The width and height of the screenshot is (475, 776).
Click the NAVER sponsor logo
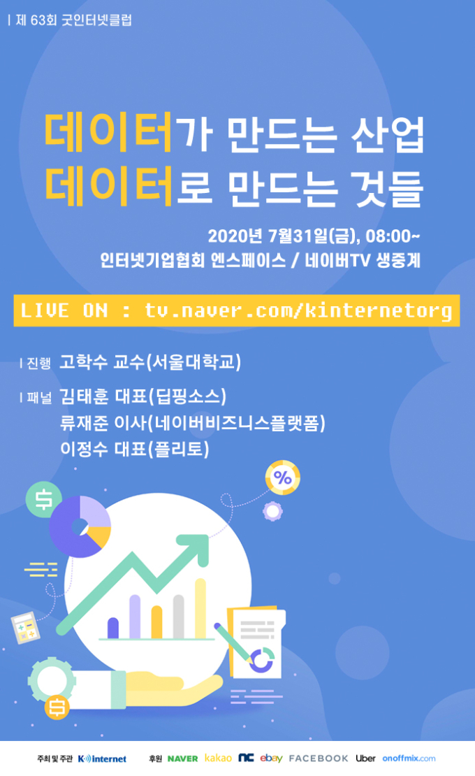pos(182,759)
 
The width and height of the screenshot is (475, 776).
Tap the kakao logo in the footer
pos(218,759)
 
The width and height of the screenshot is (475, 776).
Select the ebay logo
pos(271,759)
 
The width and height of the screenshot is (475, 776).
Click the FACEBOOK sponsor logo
pos(319,759)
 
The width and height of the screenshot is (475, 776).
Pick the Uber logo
pos(365,759)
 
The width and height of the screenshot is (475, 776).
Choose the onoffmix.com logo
pos(409,759)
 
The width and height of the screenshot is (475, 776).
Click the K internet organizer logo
pos(102,759)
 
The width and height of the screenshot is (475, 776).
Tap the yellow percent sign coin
pos(283,477)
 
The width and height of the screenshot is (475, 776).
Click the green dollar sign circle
pos(43,499)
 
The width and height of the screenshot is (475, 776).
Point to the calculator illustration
pos(25,627)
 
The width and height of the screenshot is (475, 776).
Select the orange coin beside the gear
pos(57,707)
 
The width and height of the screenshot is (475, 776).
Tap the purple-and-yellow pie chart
pos(80,526)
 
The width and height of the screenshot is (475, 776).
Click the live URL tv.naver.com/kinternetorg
pos(298,311)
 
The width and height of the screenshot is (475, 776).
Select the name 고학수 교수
pos(102,361)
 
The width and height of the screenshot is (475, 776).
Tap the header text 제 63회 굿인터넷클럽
pos(73,20)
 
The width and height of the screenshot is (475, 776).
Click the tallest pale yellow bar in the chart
pos(200,608)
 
